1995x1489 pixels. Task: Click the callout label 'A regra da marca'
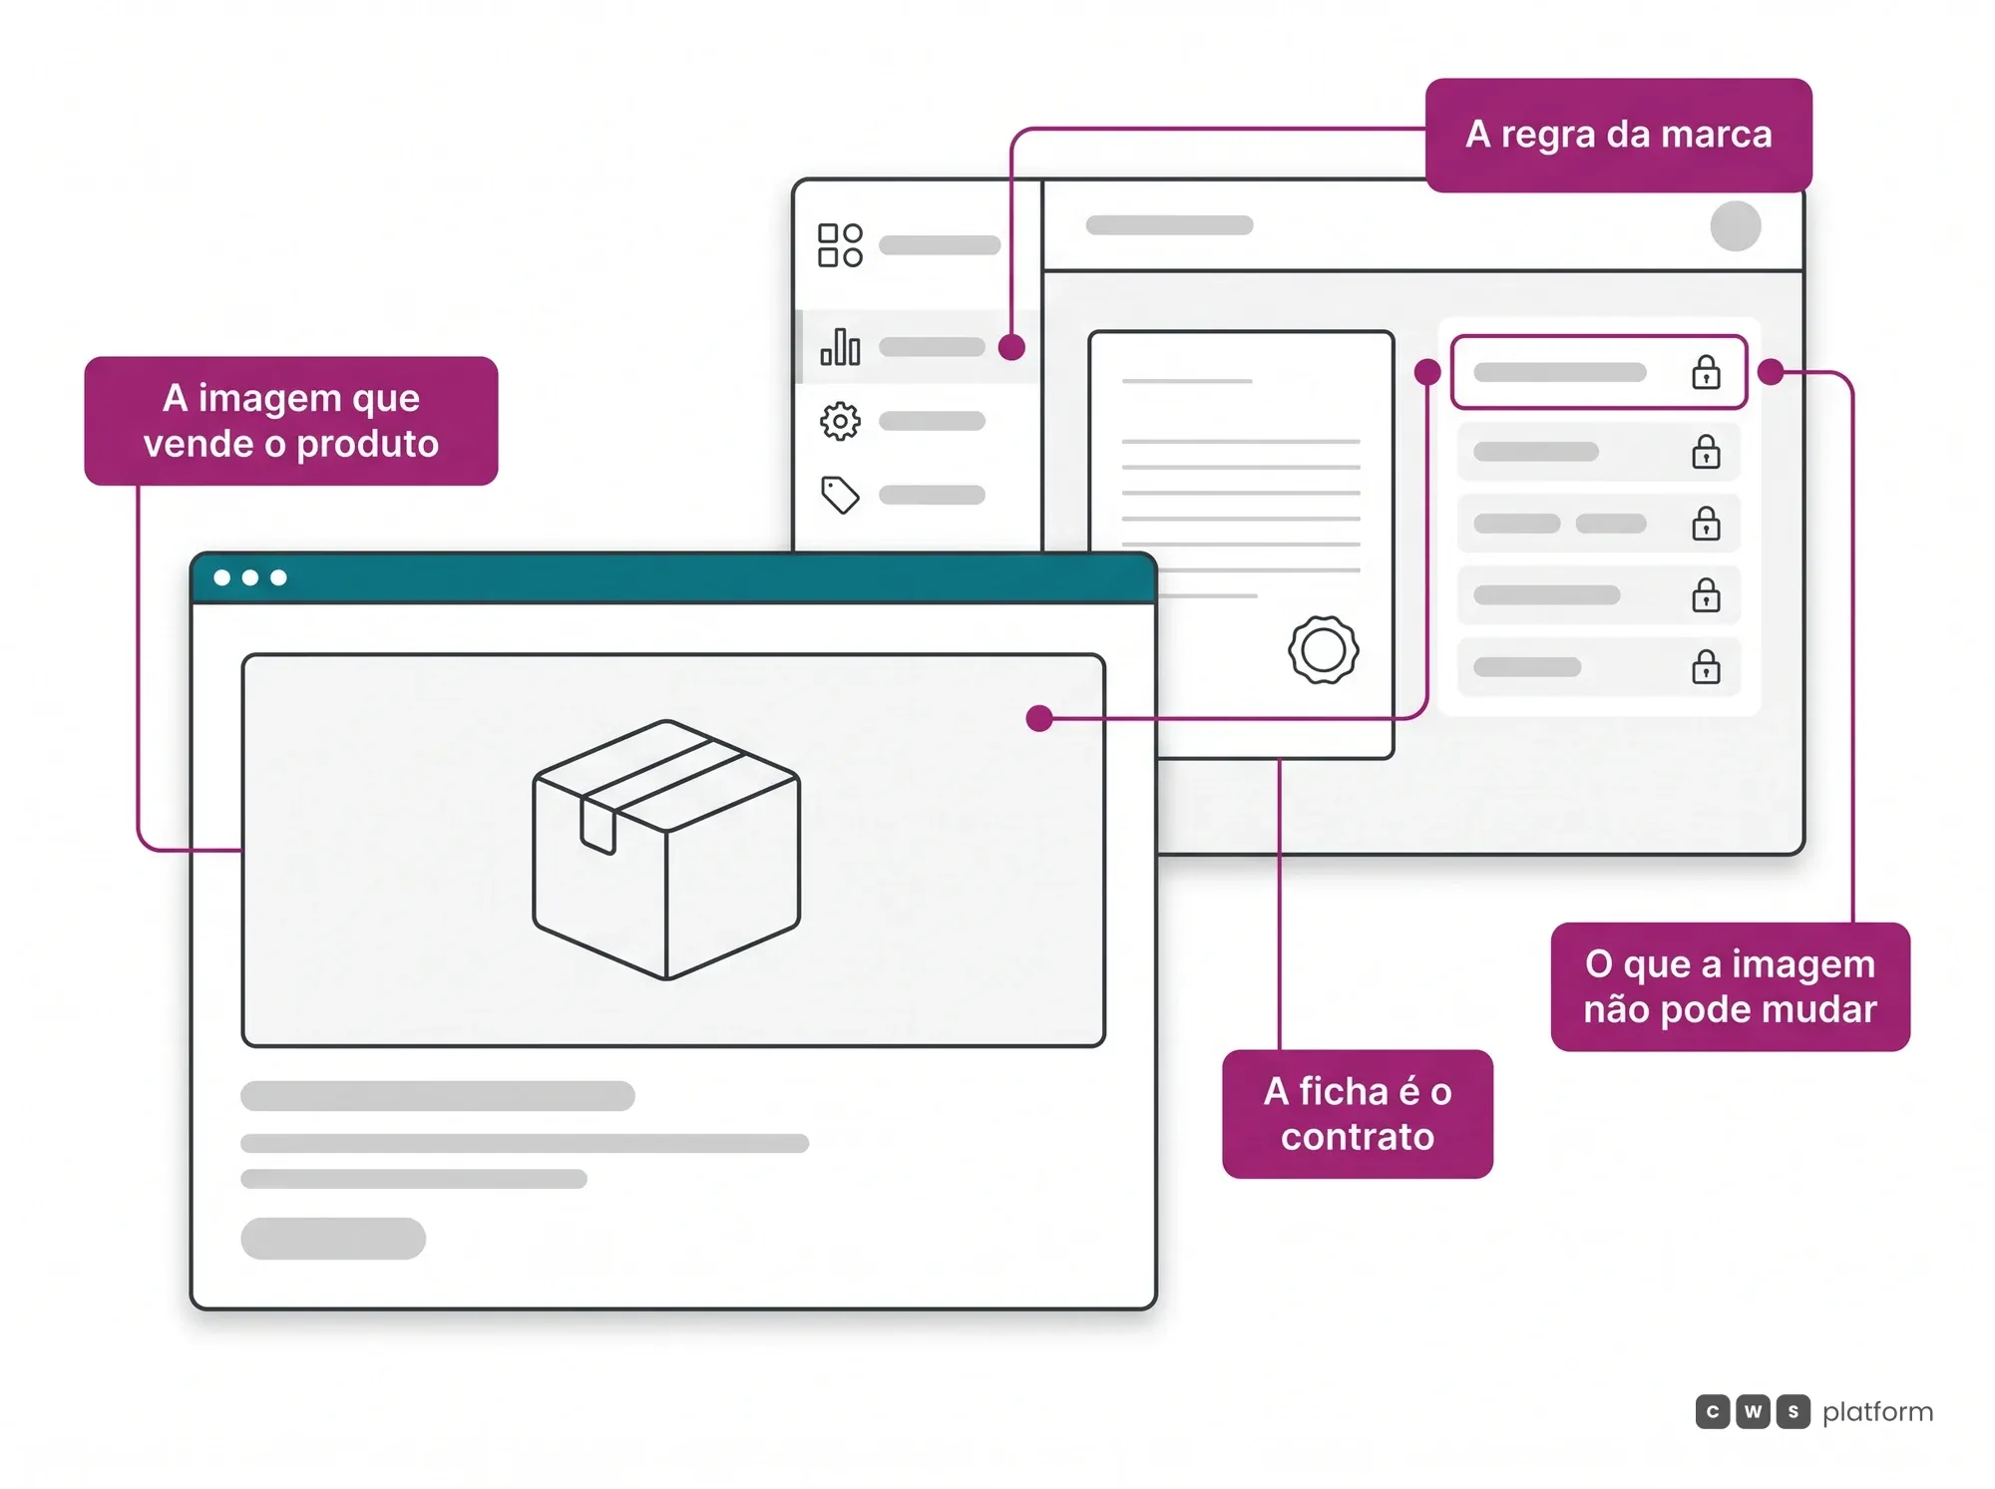pos(1618,135)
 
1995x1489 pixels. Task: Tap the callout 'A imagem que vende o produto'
pos(291,421)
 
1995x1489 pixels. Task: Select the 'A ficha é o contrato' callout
pos(1358,1114)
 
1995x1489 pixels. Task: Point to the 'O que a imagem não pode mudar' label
pos(1731,986)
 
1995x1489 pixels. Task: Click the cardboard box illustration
pos(666,850)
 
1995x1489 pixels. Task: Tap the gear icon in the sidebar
pos(840,422)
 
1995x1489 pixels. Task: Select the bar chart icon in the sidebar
pos(840,347)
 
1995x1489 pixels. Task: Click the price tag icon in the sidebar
pos(840,495)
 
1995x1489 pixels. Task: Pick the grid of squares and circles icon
pos(840,245)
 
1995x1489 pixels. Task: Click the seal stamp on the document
pos(1324,650)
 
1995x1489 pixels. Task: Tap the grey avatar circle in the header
pos(1736,225)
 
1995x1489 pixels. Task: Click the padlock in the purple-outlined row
pos(1706,372)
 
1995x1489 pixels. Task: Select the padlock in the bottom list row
pos(1706,666)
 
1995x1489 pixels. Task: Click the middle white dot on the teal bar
pos(250,577)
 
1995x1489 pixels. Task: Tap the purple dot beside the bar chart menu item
pos(1011,347)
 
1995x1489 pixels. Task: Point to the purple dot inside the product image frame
pos(1039,718)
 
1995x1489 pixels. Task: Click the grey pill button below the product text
pos(333,1239)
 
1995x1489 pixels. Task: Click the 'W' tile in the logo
pos(1753,1411)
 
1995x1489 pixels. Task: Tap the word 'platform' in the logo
pos(1877,1412)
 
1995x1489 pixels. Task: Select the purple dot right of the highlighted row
pos(1771,372)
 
